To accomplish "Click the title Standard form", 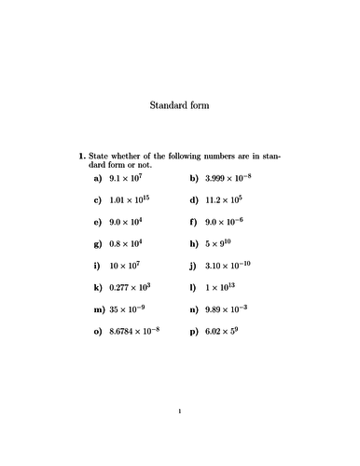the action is coord(180,105).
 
